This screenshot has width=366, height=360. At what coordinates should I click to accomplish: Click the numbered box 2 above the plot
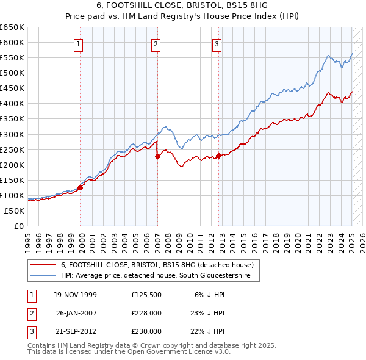click(x=156, y=43)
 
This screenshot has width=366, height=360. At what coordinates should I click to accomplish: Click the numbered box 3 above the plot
click(x=217, y=43)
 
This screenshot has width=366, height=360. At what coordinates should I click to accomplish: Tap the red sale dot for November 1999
click(x=80, y=187)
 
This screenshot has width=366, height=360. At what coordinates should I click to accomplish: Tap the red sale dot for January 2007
click(x=157, y=156)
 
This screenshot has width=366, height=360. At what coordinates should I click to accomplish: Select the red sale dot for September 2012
click(x=218, y=156)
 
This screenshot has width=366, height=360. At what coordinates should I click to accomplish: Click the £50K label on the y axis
click(x=14, y=211)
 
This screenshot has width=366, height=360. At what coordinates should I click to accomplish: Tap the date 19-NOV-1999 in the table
click(x=75, y=295)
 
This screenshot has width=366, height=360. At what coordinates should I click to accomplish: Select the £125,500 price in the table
click(x=146, y=295)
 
